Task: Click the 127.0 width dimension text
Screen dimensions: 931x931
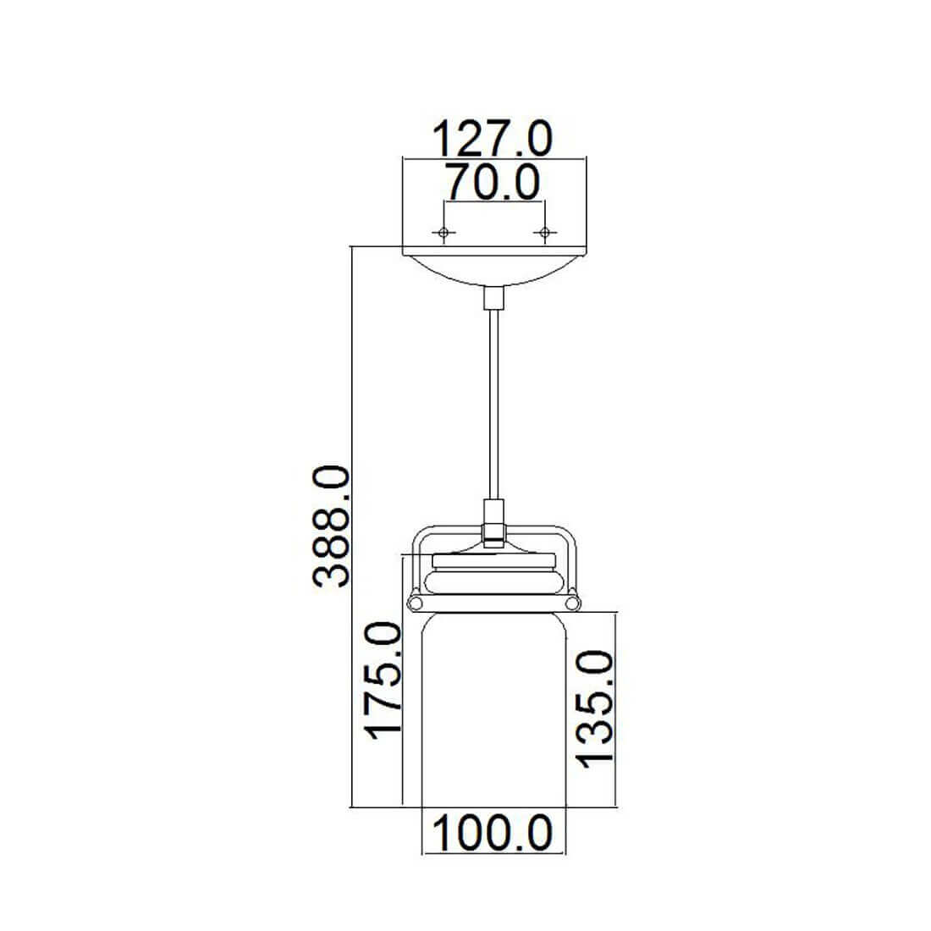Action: (x=493, y=139)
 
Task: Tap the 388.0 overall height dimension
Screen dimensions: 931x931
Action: (x=331, y=526)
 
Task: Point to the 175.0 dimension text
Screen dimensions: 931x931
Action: (x=383, y=680)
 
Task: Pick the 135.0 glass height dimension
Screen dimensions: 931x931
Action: (x=596, y=709)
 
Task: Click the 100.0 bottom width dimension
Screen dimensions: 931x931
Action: (x=493, y=833)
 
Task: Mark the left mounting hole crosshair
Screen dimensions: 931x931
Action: (x=443, y=232)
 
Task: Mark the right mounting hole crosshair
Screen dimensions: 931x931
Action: (x=544, y=232)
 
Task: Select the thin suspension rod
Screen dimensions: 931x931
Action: (x=494, y=405)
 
